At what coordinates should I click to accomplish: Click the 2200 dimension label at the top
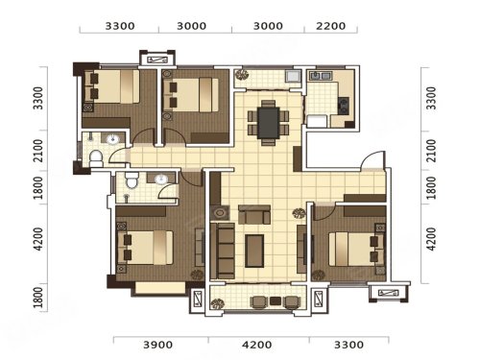click(x=331, y=26)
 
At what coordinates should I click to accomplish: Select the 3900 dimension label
click(x=157, y=345)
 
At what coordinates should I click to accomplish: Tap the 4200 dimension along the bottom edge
click(x=257, y=345)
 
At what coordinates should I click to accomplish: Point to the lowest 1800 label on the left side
click(x=38, y=298)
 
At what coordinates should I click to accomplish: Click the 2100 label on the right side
click(x=431, y=151)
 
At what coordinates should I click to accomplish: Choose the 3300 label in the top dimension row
click(x=120, y=26)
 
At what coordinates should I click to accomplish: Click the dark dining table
click(x=269, y=123)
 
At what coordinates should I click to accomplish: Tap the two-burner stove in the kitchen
click(x=344, y=106)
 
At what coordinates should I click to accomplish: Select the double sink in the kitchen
click(x=321, y=76)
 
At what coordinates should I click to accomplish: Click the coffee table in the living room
click(x=254, y=251)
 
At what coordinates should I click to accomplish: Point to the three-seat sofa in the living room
click(x=223, y=251)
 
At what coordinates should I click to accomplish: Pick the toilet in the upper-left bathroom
click(x=96, y=158)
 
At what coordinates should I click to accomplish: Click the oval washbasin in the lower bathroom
click(x=161, y=180)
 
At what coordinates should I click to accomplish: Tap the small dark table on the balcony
click(x=276, y=300)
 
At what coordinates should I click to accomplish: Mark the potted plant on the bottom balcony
click(x=217, y=304)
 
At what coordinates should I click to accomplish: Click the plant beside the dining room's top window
click(x=242, y=75)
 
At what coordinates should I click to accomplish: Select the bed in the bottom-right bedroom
click(x=357, y=249)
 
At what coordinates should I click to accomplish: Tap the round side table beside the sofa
click(x=220, y=212)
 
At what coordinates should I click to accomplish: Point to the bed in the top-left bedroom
click(x=112, y=86)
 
